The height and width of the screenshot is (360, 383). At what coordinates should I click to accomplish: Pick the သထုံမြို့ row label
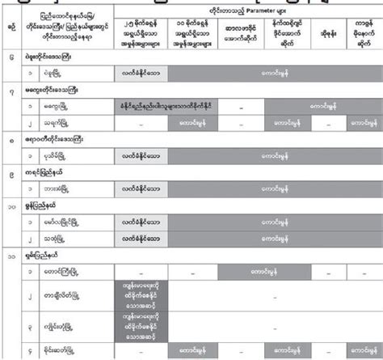[x=66, y=238]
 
